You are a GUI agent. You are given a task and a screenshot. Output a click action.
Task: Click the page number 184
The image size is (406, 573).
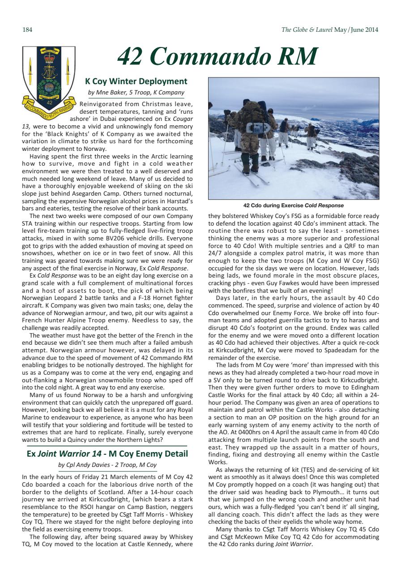pyautogui.click(x=27, y=30)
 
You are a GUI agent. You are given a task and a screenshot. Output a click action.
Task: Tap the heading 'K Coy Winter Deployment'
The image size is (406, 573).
pyautogui.click(x=136, y=81)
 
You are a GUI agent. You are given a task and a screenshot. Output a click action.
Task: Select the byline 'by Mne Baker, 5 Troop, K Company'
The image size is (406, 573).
pyautogui.click(x=136, y=93)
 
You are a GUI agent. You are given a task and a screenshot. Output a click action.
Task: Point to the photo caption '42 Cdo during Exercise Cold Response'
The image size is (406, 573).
pyautogui.click(x=293, y=205)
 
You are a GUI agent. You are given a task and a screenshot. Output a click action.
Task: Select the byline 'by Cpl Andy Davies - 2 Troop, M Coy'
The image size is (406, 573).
pyautogui.click(x=108, y=465)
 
